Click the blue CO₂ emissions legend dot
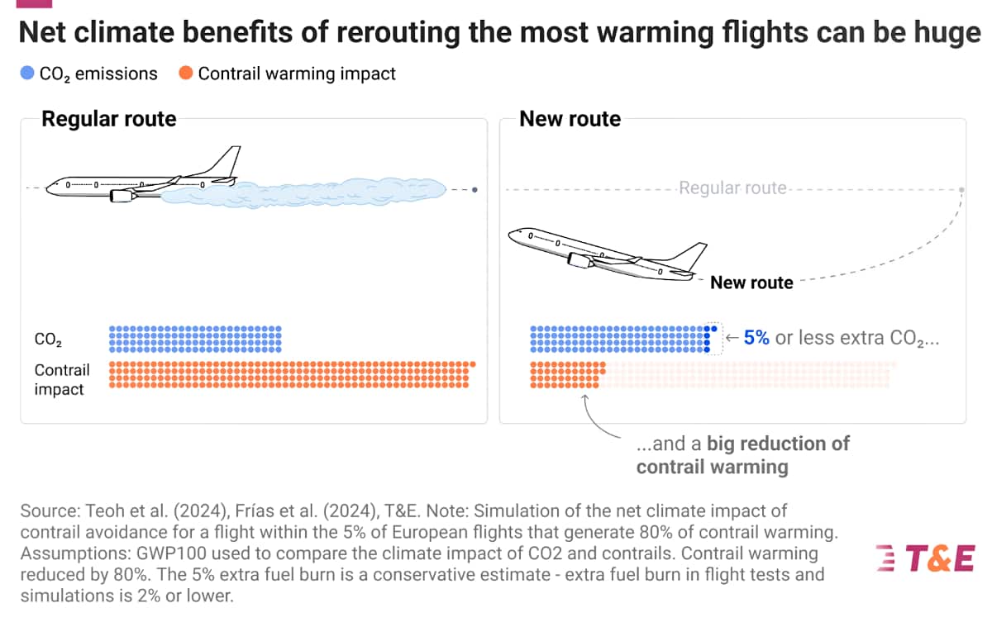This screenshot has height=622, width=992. coord(27,74)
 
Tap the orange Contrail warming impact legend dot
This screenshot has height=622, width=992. coord(185,74)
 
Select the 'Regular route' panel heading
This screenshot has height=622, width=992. coord(109,119)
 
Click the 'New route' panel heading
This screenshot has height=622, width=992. coord(570,119)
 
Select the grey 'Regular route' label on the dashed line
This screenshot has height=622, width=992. coord(732,188)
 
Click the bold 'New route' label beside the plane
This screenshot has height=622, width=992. coord(751,283)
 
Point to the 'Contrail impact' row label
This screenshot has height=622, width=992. coord(62,379)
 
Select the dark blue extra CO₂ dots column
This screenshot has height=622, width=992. coord(708,339)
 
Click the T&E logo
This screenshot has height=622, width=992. coord(925,558)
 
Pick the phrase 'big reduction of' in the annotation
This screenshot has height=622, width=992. coord(778,444)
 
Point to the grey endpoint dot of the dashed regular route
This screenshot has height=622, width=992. coord(961,190)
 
